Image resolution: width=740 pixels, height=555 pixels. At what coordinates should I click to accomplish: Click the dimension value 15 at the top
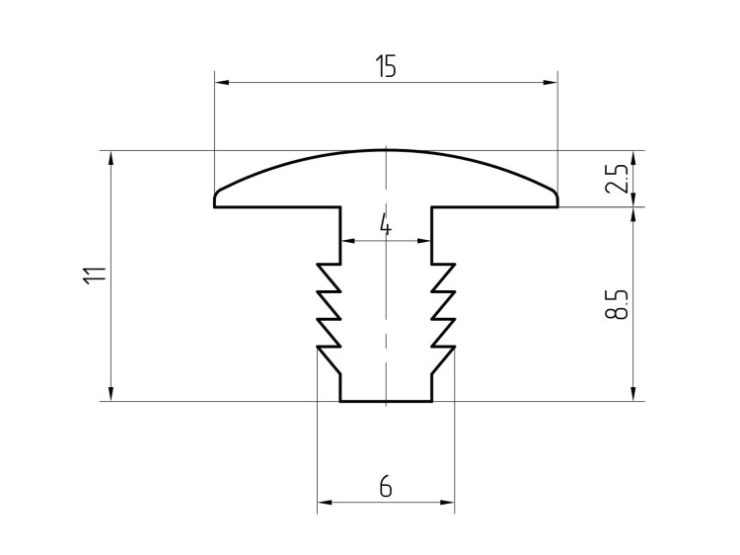click(x=386, y=66)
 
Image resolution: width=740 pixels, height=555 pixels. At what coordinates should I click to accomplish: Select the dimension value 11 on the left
click(x=95, y=276)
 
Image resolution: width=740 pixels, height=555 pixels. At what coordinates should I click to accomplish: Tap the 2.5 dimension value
click(x=617, y=179)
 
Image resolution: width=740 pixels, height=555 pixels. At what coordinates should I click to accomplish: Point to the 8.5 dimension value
click(x=617, y=304)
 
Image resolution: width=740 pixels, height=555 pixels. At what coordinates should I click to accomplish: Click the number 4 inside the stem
click(x=386, y=225)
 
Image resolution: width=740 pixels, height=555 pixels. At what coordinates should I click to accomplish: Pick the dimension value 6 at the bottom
click(x=386, y=487)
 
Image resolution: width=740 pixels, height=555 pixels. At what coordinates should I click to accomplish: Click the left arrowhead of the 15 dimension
click(x=222, y=82)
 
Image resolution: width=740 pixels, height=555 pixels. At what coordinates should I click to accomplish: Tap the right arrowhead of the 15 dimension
click(x=551, y=82)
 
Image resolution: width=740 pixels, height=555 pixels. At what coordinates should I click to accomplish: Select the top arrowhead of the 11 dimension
click(x=111, y=158)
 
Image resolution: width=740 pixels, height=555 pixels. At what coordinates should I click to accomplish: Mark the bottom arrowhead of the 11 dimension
click(x=111, y=394)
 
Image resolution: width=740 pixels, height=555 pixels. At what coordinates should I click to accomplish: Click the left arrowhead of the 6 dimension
click(x=325, y=502)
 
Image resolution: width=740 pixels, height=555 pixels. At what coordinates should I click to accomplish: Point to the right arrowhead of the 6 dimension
click(x=447, y=502)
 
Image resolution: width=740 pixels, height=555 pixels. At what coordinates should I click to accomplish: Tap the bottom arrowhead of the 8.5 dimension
click(x=633, y=394)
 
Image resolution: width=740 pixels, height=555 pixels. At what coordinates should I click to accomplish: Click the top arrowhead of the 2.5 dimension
click(x=633, y=158)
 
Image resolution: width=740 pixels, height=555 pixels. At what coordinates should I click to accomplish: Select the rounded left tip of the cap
click(x=216, y=195)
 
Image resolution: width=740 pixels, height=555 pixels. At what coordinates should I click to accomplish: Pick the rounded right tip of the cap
click(x=556, y=195)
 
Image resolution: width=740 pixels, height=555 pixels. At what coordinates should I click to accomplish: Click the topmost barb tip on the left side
click(x=317, y=264)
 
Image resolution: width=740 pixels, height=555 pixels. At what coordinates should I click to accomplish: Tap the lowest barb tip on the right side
click(x=455, y=348)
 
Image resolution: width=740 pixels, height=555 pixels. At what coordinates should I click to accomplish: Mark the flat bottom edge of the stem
click(x=386, y=402)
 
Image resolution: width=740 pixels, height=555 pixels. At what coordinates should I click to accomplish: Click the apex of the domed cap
click(x=386, y=150)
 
